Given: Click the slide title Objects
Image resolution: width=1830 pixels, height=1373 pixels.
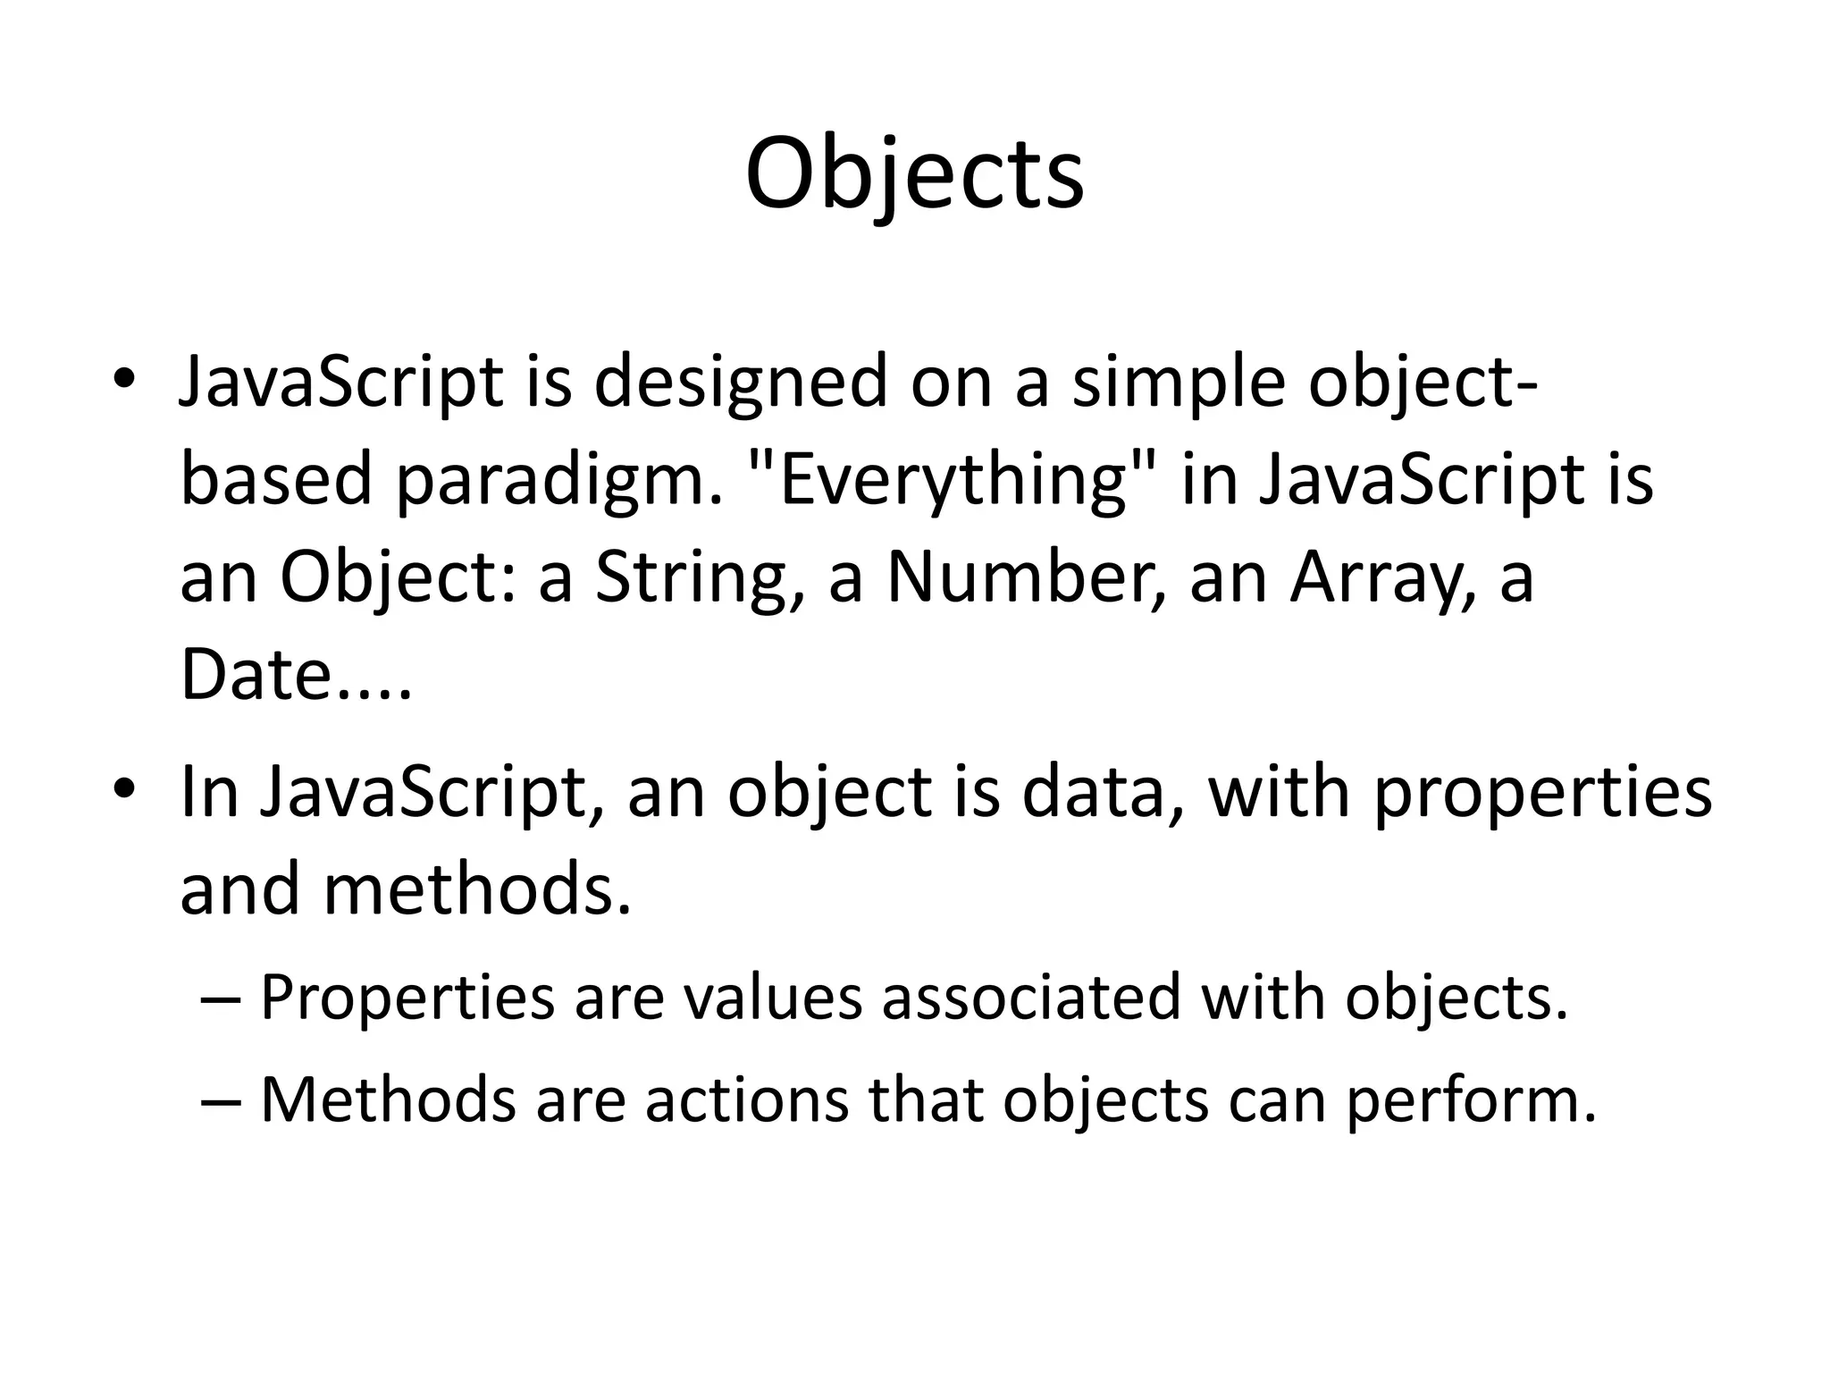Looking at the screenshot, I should click(x=914, y=174).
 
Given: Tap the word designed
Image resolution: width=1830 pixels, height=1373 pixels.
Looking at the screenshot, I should click(x=741, y=382).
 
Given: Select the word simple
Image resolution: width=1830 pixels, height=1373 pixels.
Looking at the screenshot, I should click(x=1179, y=382).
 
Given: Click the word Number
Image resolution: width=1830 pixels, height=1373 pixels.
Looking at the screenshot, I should click(x=1027, y=577).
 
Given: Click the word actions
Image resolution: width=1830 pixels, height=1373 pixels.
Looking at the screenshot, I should click(x=747, y=1099).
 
